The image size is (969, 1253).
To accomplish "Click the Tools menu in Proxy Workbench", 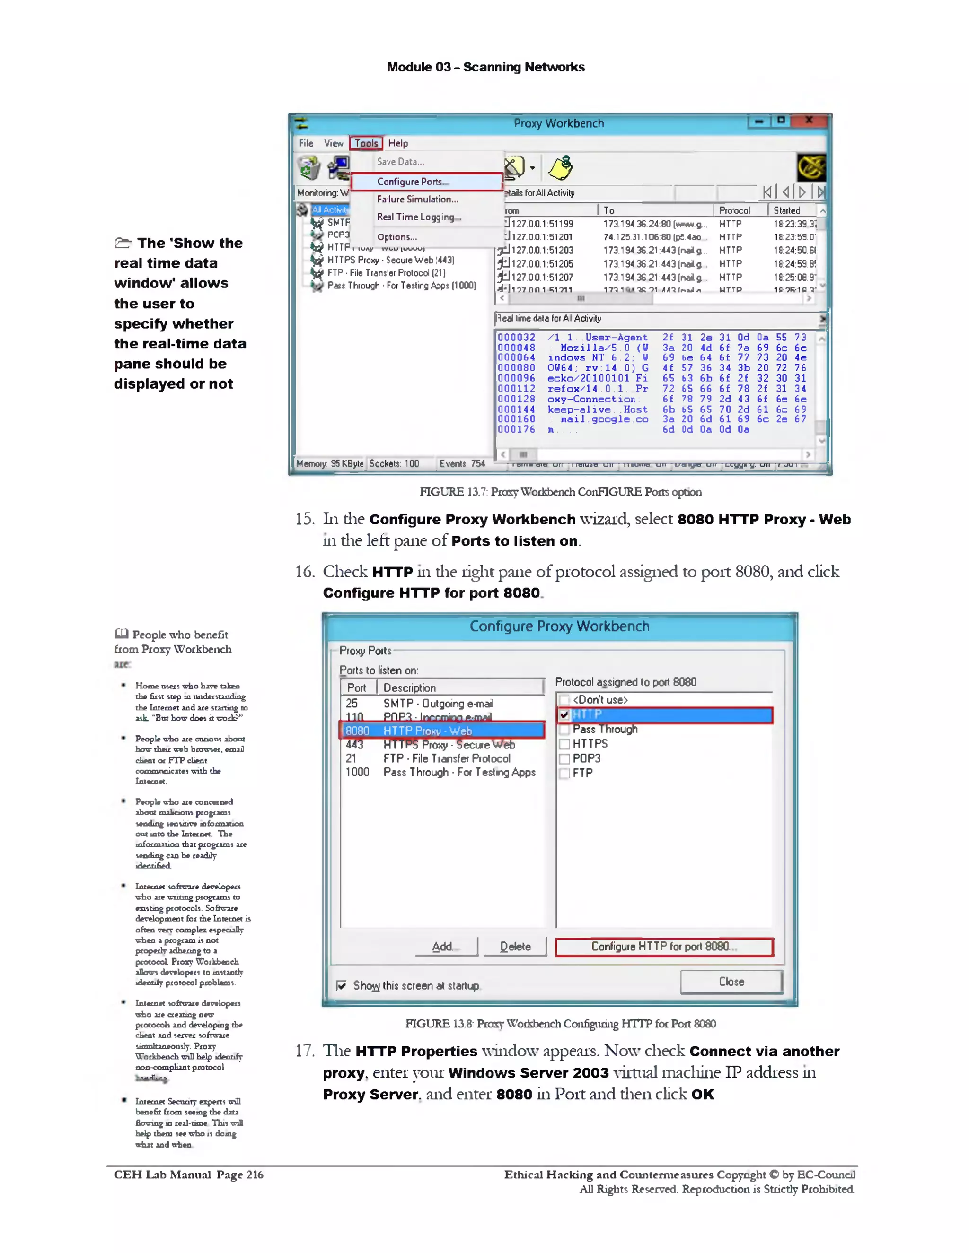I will click(x=366, y=143).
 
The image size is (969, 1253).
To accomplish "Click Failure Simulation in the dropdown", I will click(x=417, y=200).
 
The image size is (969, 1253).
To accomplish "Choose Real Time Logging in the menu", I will click(x=418, y=218).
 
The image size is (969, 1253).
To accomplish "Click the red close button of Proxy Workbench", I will click(x=809, y=121).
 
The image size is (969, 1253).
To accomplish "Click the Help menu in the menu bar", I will click(x=398, y=143).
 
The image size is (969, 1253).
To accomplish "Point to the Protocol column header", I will click(x=734, y=210).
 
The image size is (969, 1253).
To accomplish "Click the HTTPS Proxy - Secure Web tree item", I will click(x=390, y=261).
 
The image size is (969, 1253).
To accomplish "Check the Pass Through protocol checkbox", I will click(x=565, y=730).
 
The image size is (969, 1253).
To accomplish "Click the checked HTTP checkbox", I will click(x=564, y=715).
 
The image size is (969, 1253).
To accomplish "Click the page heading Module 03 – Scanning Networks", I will click(x=485, y=67).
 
